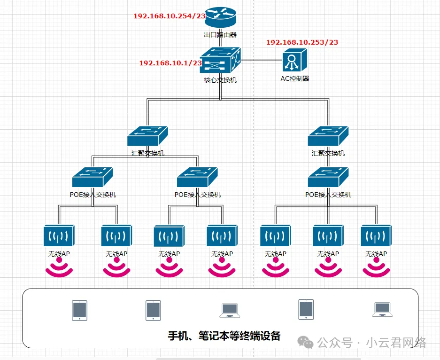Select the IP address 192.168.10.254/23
(x=170, y=16)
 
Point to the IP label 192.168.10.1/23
(x=170, y=63)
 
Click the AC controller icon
(x=294, y=61)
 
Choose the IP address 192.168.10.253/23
(x=302, y=42)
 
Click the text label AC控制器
(x=295, y=78)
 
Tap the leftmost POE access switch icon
(x=93, y=177)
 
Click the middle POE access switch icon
(x=197, y=177)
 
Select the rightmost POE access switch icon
(x=328, y=177)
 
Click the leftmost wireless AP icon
(x=59, y=236)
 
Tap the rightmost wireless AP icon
(x=376, y=236)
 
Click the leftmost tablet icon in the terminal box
(x=79, y=310)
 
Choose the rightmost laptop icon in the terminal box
(x=381, y=309)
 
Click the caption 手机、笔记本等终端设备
(x=224, y=336)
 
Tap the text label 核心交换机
(x=220, y=80)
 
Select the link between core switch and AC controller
(x=261, y=60)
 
